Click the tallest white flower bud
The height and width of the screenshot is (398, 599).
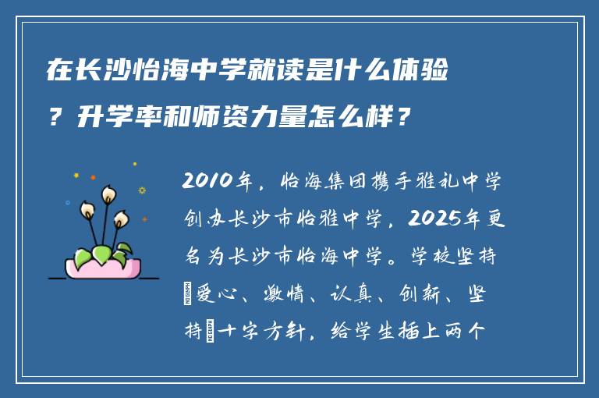108,192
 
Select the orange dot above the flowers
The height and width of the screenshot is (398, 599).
93,178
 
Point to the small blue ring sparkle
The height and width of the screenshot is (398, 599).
142,190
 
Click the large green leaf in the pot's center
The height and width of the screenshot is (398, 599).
102,254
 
